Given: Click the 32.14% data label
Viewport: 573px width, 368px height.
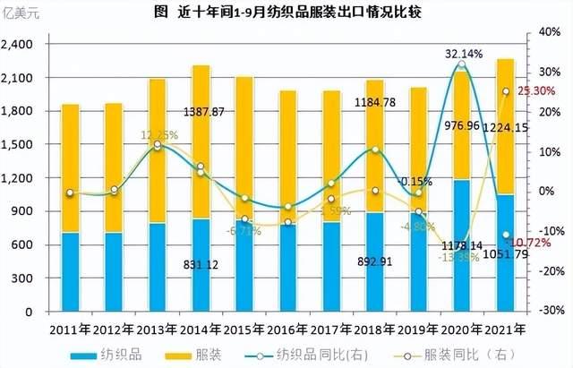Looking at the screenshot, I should pos(462,53).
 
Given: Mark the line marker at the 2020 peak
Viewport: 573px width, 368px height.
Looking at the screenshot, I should pos(462,64).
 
